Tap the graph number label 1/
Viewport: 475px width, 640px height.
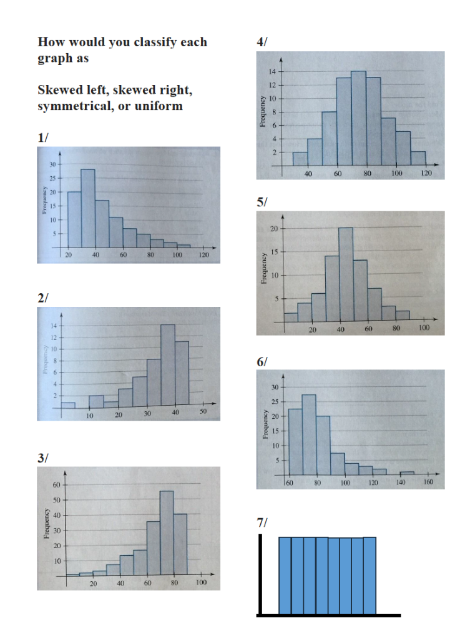42,138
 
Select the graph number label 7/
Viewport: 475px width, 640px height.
261,522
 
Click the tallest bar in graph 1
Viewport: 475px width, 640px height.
87,208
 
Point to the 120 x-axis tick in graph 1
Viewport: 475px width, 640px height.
204,256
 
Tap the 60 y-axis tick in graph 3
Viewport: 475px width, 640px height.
55,485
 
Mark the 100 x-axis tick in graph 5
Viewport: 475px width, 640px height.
424,329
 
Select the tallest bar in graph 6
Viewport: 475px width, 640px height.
309,434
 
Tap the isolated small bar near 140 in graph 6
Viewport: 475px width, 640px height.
407,473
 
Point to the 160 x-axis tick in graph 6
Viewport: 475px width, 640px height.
428,483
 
